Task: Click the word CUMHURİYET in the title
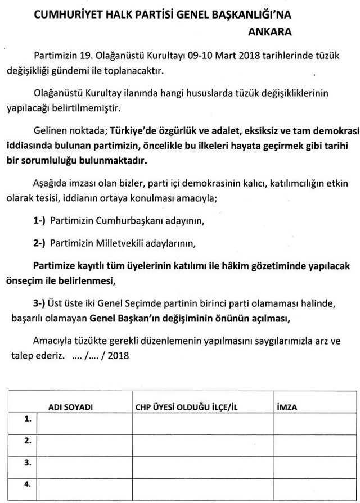(x=65, y=14)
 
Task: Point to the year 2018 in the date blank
(x=118, y=356)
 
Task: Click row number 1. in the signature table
(x=27, y=419)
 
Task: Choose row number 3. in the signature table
(x=27, y=462)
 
